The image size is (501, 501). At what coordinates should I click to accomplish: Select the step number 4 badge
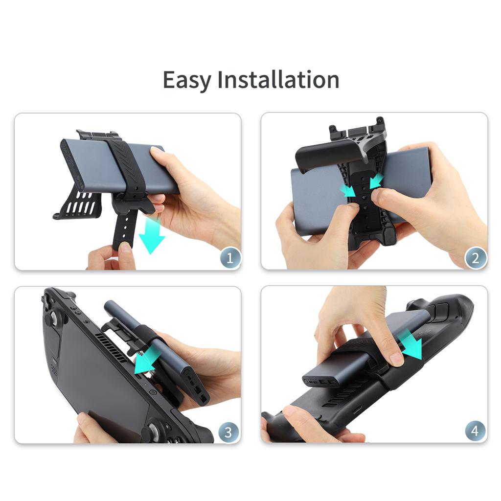pyautogui.click(x=475, y=431)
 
